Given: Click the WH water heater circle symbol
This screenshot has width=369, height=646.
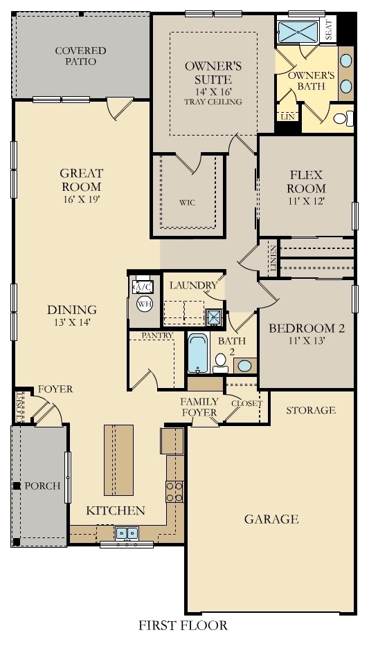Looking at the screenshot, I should [144, 304].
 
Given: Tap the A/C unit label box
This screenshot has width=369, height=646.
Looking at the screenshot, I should [143, 287].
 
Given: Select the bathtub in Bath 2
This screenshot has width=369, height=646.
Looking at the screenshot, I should [197, 353].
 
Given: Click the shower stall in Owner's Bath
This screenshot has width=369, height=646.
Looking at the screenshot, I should [298, 31].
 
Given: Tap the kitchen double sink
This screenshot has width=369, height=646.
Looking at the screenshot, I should [126, 533].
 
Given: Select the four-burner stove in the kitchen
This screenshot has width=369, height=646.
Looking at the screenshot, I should [174, 491].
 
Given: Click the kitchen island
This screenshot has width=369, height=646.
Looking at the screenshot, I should [118, 459].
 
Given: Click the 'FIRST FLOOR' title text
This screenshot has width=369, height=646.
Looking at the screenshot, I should [183, 626].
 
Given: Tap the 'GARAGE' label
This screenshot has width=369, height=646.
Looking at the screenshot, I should [271, 519].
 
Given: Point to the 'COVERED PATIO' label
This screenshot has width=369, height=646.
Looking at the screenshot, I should [80, 56].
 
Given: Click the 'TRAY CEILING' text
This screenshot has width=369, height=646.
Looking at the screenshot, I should [213, 102].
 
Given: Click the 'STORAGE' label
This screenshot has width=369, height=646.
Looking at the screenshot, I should [311, 410].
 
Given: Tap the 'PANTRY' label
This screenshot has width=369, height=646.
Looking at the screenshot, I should [156, 335].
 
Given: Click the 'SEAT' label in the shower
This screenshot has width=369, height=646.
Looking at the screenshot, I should [329, 30].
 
